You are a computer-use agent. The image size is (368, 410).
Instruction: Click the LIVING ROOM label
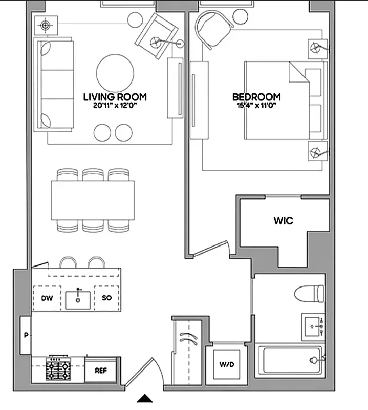coord(115,96)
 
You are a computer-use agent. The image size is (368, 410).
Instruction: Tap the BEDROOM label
coord(256,96)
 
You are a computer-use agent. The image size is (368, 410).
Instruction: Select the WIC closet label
coord(283,221)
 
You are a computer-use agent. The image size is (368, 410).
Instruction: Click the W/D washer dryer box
coord(226,365)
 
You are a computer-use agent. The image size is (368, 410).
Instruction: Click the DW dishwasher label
coord(45,298)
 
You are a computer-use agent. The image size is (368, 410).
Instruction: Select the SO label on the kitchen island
coord(107,298)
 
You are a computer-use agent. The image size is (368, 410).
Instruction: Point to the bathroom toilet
coord(310,294)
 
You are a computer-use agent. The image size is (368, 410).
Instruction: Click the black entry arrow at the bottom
coord(145,398)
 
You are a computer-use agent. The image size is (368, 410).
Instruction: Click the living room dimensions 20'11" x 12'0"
coord(115,106)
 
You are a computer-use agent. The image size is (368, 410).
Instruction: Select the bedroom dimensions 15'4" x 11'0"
coord(256,106)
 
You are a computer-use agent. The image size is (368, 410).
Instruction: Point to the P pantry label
coord(25,335)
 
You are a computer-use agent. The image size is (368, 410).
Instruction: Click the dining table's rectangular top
coord(93,200)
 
